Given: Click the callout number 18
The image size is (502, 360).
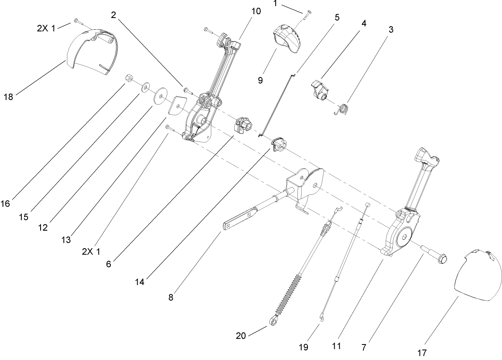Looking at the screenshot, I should click(8, 97).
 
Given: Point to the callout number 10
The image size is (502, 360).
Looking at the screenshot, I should click(256, 11).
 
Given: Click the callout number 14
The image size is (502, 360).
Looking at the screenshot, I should click(140, 282).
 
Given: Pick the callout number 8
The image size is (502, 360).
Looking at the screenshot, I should click(171, 298).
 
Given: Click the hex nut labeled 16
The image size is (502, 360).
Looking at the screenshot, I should click(129, 78).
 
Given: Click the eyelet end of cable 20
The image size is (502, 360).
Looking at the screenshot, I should click(274, 321).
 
